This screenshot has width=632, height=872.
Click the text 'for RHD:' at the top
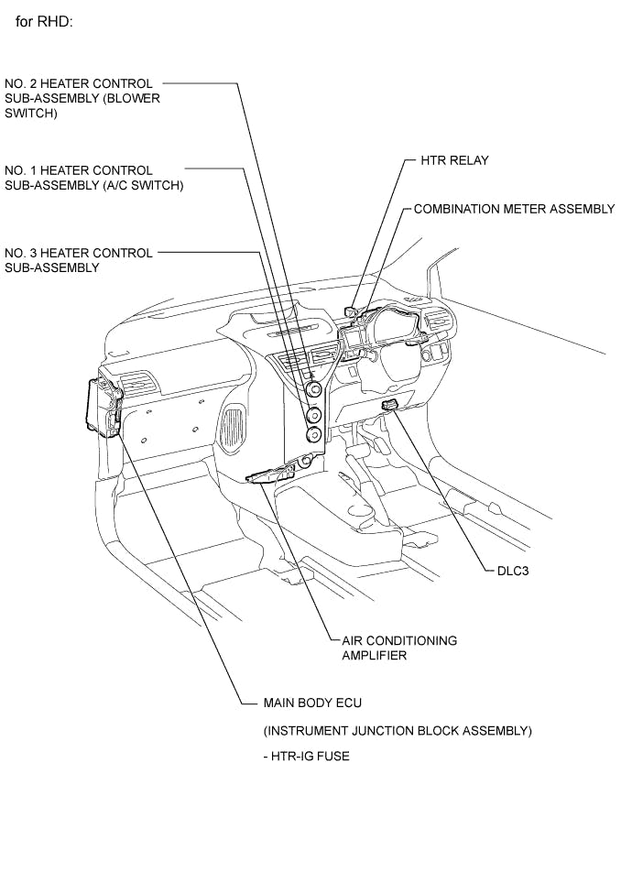[45, 20]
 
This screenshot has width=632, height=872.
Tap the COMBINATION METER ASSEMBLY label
[514, 209]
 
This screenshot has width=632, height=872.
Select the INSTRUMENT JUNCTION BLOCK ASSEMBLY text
[397, 730]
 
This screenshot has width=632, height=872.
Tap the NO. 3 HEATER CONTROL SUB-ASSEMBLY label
[79, 260]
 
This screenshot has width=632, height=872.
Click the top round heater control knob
[314, 391]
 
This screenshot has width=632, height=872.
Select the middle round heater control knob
[314, 414]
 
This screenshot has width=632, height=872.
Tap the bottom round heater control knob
[314, 435]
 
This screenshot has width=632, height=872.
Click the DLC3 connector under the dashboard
[389, 405]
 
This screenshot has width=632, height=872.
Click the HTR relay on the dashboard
[352, 313]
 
